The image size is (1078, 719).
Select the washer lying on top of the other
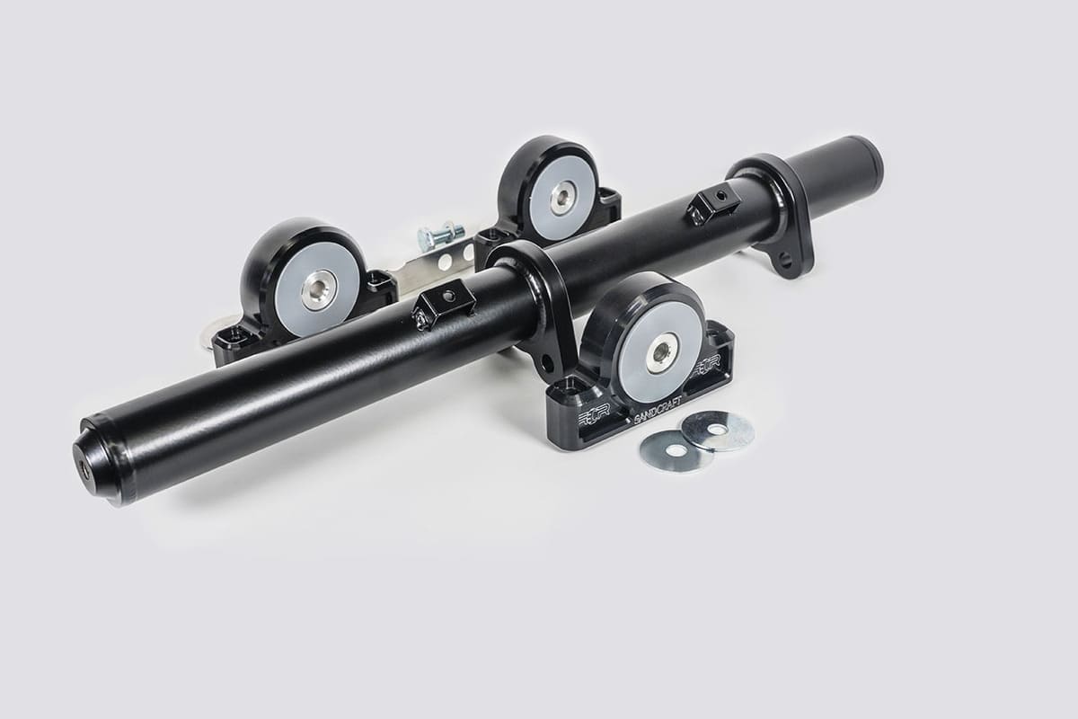click(717, 431)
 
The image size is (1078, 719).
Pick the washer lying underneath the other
click(672, 451)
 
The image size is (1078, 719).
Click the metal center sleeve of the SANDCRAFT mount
click(662, 351)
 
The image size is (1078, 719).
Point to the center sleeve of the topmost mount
click(563, 197)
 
